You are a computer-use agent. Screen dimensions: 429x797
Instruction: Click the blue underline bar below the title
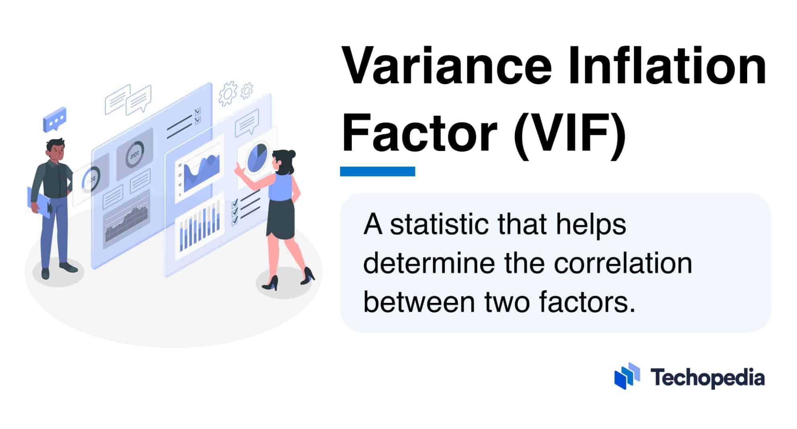(377, 171)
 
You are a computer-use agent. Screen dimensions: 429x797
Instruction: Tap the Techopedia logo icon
(627, 376)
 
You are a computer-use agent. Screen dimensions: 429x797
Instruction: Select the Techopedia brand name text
(707, 378)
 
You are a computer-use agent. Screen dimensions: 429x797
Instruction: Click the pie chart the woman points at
(256, 158)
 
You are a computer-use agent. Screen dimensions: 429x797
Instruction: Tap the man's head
(55, 149)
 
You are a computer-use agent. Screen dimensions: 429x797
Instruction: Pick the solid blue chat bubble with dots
(54, 119)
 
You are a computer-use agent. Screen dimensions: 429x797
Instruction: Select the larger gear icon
(228, 93)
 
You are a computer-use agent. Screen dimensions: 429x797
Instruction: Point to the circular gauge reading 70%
(134, 154)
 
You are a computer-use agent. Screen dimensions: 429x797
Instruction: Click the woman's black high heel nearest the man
(270, 283)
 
